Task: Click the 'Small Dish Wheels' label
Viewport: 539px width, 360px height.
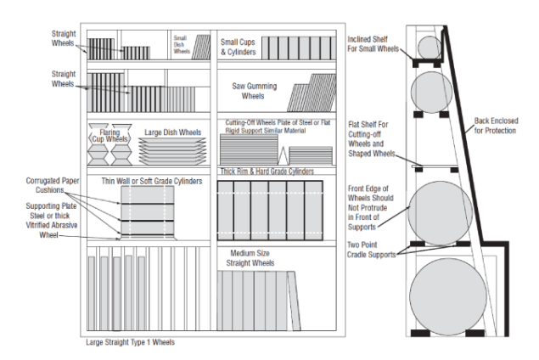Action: [181, 45]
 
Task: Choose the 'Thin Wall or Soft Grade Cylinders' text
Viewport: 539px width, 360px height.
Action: [151, 181]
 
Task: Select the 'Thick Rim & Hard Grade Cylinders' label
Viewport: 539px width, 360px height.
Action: [267, 171]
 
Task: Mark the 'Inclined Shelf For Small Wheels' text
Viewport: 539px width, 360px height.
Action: [373, 45]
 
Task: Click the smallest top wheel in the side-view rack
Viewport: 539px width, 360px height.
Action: [430, 47]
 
